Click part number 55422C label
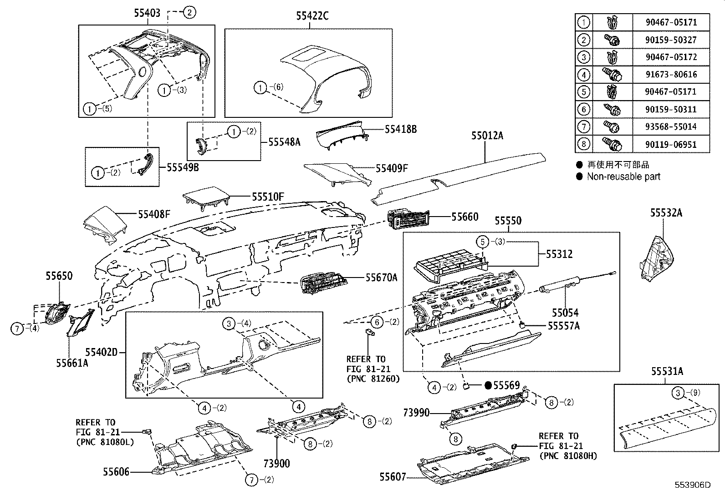312,16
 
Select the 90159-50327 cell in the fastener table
670,40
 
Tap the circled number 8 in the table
583,144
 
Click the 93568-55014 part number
670,126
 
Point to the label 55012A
487,136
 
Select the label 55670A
381,277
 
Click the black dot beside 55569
488,386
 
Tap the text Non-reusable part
623,177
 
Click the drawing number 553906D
693,485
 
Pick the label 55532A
666,212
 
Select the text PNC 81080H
567,455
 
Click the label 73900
276,463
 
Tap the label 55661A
72,363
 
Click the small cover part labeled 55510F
206,197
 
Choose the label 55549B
182,167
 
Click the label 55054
565,313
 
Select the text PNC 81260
373,378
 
